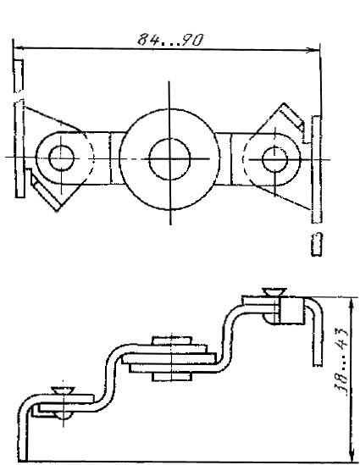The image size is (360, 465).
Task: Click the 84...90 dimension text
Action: tap(171, 40)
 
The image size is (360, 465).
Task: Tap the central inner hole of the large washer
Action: tap(169, 159)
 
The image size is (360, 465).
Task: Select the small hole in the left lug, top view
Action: tap(61, 158)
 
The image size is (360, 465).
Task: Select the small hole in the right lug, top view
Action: tap(275, 159)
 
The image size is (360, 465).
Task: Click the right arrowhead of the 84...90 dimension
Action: tap(313, 50)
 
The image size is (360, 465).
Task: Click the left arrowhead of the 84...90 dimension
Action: tap(19, 47)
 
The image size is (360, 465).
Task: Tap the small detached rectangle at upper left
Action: tap(19, 76)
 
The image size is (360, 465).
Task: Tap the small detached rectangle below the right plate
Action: tap(317, 244)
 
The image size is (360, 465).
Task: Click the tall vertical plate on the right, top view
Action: tap(316, 169)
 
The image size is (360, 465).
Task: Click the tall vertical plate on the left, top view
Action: tap(19, 148)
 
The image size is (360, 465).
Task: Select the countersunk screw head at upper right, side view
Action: tap(274, 291)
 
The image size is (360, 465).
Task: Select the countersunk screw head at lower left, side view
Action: tap(63, 390)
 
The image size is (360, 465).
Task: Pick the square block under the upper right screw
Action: tap(291, 311)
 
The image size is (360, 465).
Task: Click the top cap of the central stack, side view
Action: tap(171, 340)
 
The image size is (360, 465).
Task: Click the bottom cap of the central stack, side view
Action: tap(171, 376)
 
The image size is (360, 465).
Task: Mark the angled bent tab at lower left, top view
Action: tap(45, 190)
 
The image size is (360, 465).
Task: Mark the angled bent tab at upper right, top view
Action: tap(292, 118)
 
